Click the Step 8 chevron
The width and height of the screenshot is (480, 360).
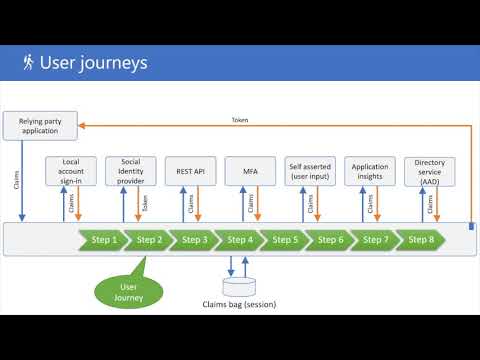420,240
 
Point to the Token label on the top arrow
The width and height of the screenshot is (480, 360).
240,120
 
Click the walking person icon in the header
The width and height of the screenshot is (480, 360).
26,63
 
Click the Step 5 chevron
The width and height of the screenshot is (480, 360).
285,240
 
